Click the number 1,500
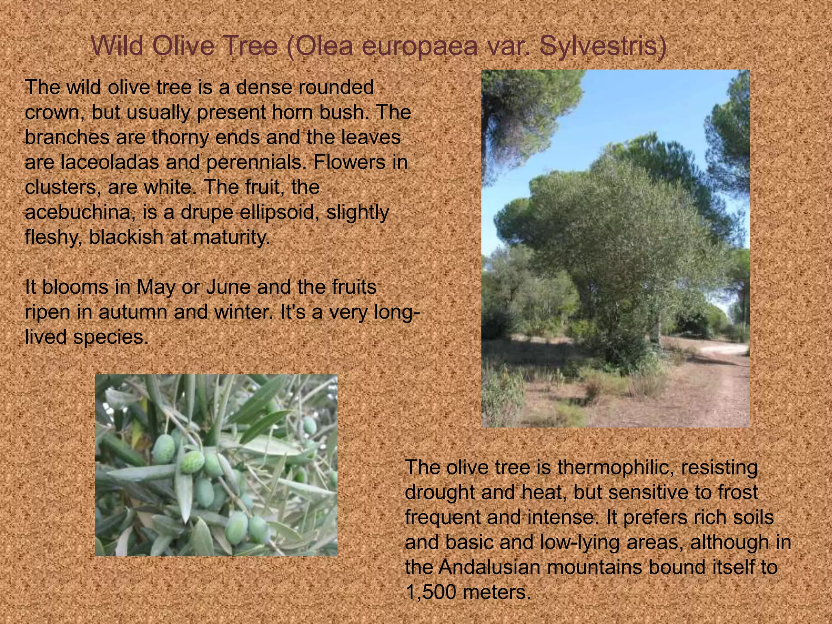pyautogui.click(x=431, y=592)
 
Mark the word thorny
pyautogui.click(x=181, y=137)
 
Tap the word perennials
pyautogui.click(x=256, y=162)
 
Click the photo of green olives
pyautogui.click(x=216, y=465)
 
